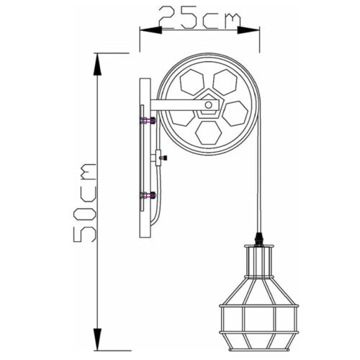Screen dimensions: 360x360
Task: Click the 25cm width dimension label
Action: pos(199,17)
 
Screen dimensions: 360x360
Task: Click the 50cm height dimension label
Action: pos(85,202)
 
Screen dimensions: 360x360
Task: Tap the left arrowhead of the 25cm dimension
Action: pos(150,30)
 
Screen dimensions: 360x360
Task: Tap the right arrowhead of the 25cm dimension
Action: pos(248,30)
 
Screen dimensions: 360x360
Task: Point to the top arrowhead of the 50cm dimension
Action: pos(97,64)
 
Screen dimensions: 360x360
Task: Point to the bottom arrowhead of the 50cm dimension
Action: pos(97,339)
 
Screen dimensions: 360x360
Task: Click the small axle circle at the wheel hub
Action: pos(208,105)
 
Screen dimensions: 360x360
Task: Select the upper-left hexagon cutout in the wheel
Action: pos(192,82)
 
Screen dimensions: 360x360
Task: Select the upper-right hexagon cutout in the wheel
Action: pos(225,82)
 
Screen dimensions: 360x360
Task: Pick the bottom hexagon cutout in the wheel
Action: pos(208,132)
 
